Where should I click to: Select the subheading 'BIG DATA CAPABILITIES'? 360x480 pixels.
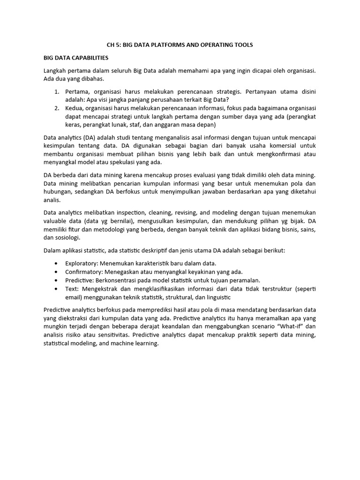[x=76, y=58]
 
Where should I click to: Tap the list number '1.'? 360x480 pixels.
[x=56, y=92]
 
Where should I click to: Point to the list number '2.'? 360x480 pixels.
[x=56, y=108]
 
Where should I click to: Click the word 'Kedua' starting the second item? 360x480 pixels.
[x=75, y=108]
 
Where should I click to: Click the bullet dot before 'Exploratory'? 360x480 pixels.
[x=57, y=263]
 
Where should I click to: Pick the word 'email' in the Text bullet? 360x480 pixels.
[x=74, y=297]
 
